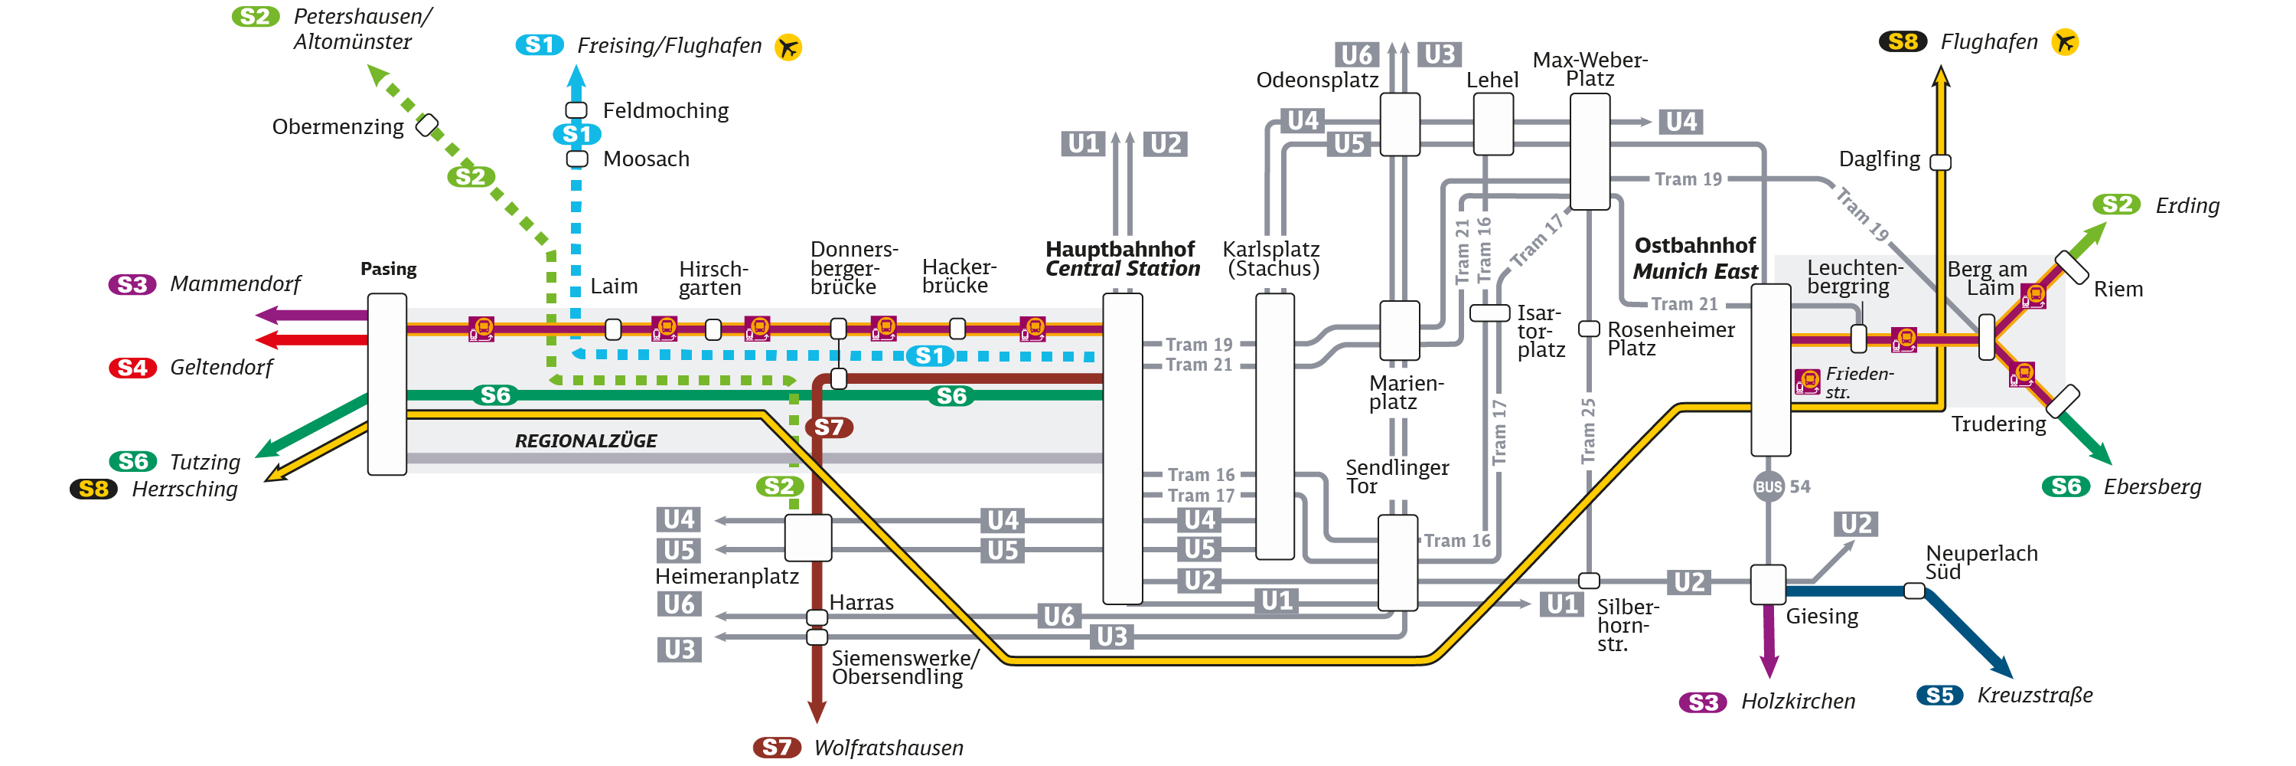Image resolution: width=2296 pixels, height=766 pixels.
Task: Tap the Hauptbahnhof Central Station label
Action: (1121, 259)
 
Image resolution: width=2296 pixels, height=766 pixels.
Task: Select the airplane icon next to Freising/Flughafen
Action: (788, 47)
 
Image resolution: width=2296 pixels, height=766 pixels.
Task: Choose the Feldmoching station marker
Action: (576, 110)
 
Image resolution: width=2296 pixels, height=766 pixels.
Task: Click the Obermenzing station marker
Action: (428, 125)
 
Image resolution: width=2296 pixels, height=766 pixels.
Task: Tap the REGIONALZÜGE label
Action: (585, 440)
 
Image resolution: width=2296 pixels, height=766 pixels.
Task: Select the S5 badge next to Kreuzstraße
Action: (1939, 695)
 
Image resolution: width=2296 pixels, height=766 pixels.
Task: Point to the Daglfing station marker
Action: (1940, 162)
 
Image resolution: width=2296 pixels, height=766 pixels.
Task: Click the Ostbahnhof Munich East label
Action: (1694, 257)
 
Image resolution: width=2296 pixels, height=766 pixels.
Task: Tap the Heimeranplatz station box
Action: (807, 537)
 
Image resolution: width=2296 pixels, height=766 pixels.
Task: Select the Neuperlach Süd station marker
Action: (1913, 591)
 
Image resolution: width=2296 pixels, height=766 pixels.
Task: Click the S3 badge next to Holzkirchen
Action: (1702, 702)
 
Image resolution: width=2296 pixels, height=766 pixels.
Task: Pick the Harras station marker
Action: (817, 616)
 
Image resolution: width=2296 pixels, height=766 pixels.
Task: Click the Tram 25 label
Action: (1588, 430)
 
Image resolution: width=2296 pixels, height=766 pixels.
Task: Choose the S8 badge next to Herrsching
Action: (93, 489)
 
